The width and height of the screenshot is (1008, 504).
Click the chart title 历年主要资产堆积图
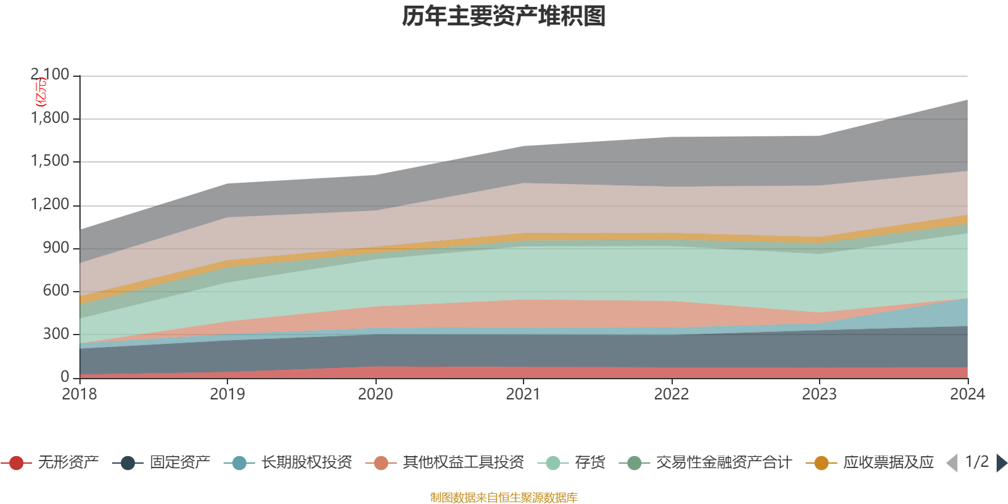[503, 17]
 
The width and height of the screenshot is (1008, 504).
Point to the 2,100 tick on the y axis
[50, 75]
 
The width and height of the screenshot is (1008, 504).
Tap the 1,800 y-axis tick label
[50, 118]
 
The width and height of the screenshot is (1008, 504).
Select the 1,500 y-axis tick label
[50, 161]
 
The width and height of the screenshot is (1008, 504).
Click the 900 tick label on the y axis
[56, 248]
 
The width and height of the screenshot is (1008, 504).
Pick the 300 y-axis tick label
[56, 335]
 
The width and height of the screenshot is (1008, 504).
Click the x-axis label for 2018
[79, 394]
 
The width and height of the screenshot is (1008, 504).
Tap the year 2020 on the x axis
[375, 394]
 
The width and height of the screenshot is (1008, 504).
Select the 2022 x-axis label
[671, 394]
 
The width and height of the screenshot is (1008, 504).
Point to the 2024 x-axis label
[967, 394]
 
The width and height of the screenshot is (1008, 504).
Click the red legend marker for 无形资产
[16, 463]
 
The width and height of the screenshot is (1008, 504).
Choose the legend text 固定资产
[180, 463]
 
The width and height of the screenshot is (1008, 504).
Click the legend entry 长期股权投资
[306, 463]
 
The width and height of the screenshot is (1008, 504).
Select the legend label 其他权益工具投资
[463, 463]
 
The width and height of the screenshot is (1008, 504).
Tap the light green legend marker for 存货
[553, 463]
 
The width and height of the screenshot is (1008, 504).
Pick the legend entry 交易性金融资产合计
[723, 463]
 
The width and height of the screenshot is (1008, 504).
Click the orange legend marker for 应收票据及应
[822, 463]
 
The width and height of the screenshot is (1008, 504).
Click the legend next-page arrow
[1001, 463]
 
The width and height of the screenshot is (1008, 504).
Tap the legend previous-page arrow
[952, 463]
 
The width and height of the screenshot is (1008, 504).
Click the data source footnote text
[503, 498]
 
